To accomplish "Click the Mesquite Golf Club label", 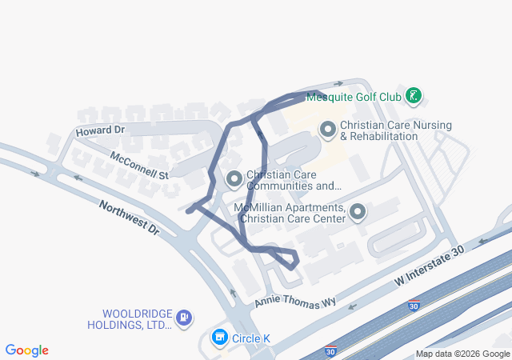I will [353, 97].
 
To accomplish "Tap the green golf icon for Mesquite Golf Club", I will [413, 97].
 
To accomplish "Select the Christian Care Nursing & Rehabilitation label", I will [395, 130].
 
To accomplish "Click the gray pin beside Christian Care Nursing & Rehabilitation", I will [327, 129].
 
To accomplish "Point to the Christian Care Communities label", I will [294, 180].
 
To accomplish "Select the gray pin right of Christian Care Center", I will [358, 212].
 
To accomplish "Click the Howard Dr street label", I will [100, 130].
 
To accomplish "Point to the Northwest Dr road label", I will [130, 218].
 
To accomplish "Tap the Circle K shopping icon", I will [218, 338].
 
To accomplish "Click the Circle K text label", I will [250, 338].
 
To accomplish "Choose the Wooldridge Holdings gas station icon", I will [184, 318].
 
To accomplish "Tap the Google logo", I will [26, 350].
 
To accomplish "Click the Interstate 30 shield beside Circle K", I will [330, 350].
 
